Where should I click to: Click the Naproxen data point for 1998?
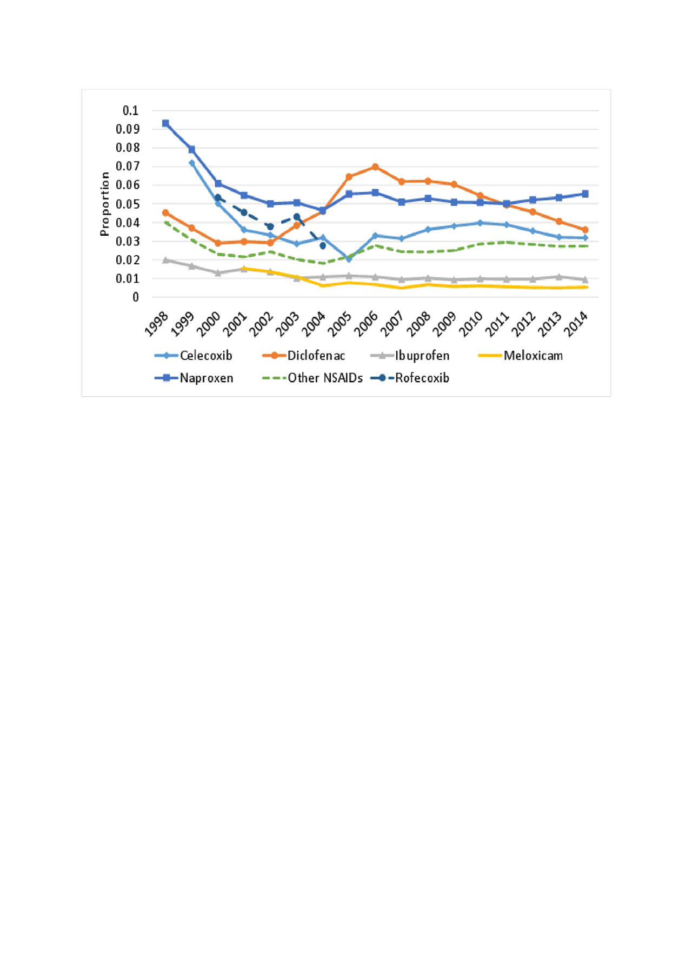pos(165,123)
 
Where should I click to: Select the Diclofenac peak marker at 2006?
pos(375,167)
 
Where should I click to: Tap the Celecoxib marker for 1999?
pos(192,163)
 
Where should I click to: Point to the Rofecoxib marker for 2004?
pos(323,245)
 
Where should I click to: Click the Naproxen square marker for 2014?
pos(585,194)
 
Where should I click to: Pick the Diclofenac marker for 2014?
pos(585,230)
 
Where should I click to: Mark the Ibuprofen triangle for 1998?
pos(165,260)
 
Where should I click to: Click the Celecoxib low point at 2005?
pos(349,259)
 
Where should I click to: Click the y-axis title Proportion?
pos(104,204)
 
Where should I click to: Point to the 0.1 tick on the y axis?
pos(130,111)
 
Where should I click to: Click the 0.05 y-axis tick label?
pos(128,204)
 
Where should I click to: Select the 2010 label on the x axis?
pos(471,324)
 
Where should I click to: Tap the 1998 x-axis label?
pos(157,324)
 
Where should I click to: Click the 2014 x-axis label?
pos(576,324)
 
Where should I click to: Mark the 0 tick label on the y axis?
pos(136,297)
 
